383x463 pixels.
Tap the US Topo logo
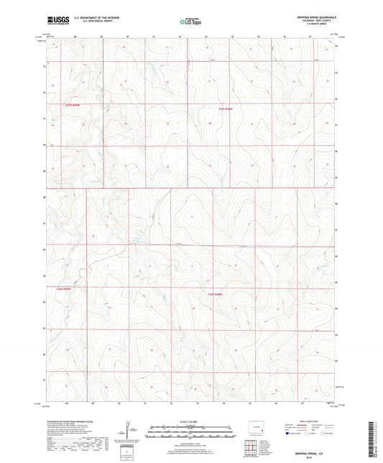pyautogui.click(x=190, y=22)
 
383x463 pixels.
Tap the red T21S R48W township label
pyautogui.click(x=226, y=109)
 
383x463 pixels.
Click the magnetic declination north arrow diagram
pyautogui.click(x=129, y=431)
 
